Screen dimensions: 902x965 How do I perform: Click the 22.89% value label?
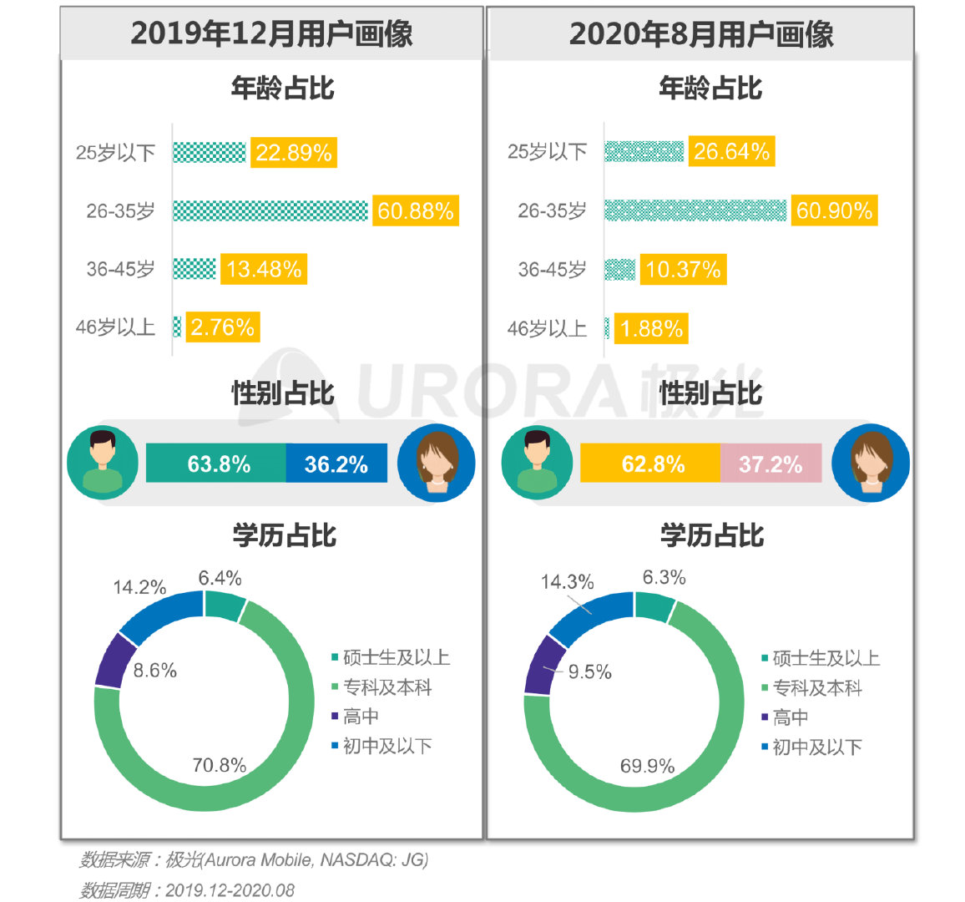293,153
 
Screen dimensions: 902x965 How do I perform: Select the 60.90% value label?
834,210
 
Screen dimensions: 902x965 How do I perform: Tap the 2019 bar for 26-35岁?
270,210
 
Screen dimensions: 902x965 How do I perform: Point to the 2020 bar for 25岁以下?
644,151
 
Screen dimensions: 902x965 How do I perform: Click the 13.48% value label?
264,269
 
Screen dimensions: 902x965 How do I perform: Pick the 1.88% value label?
651,328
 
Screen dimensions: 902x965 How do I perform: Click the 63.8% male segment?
217,464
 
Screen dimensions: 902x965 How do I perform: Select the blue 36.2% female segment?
336,464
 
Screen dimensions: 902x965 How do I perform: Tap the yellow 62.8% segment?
650,464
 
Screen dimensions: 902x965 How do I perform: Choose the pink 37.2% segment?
770,464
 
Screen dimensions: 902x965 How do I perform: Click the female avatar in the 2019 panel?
436,464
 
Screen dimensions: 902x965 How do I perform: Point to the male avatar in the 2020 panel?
537,464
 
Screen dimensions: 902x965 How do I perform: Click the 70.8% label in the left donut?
219,765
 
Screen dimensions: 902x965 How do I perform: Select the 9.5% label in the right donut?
589,672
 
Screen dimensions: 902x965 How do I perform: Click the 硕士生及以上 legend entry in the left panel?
391,657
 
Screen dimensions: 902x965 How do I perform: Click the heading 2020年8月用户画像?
700,33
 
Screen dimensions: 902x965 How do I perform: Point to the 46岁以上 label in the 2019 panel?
116,327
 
